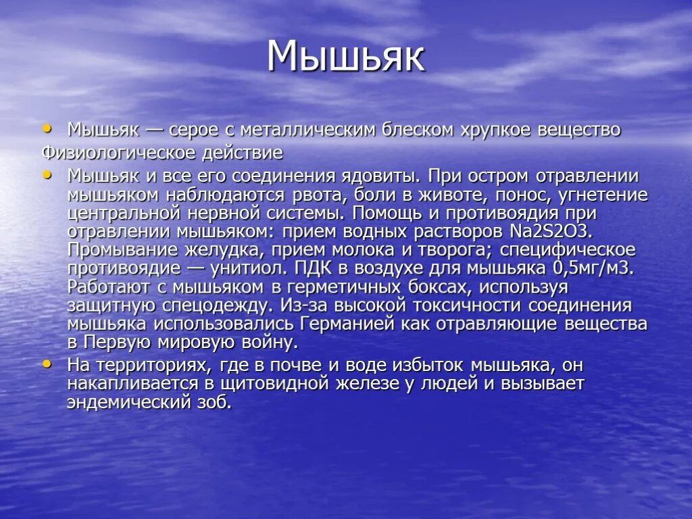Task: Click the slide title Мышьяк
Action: coord(345,57)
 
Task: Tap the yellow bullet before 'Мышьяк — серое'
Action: coord(47,127)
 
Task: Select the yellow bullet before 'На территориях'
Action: coord(47,364)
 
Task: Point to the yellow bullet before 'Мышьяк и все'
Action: coord(47,174)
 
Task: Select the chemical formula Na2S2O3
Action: coord(550,232)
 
